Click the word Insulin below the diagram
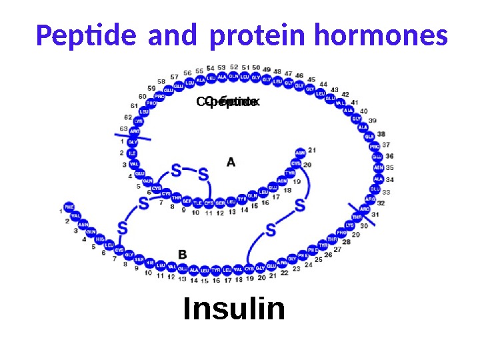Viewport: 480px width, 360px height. pos(234,309)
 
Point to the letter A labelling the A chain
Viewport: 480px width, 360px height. pos(231,162)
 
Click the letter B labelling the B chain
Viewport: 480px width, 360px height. pos(182,254)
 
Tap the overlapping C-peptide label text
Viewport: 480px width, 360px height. pos(227,102)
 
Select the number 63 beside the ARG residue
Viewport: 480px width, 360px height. pos(123,129)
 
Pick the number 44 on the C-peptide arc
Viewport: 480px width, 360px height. pos(323,85)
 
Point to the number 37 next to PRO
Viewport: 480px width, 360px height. pos(386,145)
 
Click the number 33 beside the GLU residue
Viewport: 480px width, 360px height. pos(386,192)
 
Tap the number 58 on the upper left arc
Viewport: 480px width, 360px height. pos(161,81)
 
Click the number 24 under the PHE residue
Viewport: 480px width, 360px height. pos(308,265)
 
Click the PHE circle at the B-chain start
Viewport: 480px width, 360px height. pos(69,207)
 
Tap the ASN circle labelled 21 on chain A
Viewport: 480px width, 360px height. pos(300,153)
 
